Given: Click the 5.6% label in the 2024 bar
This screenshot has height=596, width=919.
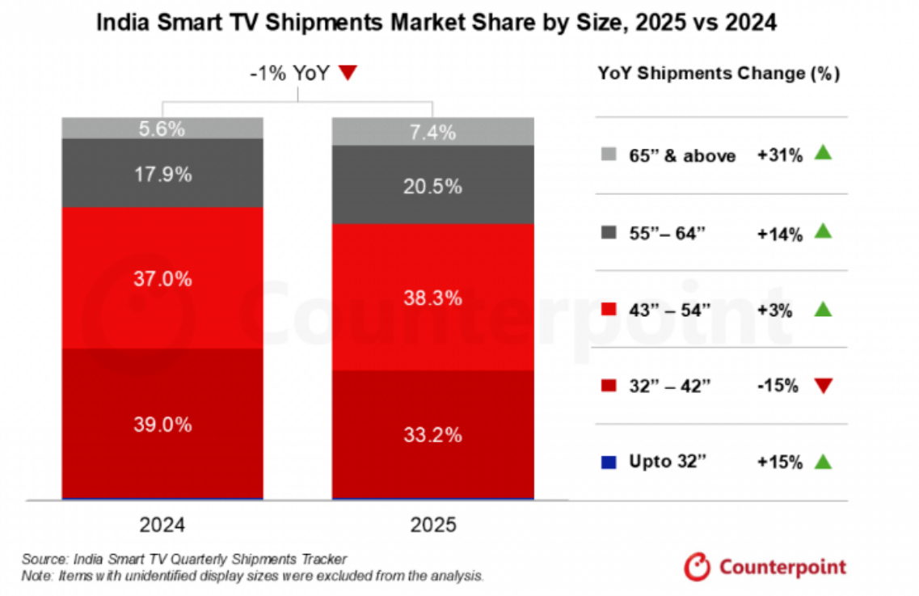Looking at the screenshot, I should point(162,129).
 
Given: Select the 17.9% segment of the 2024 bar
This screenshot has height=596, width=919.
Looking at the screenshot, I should point(162,174).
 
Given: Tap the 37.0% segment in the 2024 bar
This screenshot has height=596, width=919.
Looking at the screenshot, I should point(162,279).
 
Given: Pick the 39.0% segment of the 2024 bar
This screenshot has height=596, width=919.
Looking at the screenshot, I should point(162,424).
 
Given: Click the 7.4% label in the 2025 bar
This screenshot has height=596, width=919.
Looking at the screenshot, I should point(433,132).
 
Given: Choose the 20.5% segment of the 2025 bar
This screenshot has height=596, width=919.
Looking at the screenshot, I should point(433,186).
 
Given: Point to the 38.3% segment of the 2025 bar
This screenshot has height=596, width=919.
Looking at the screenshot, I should point(433,298).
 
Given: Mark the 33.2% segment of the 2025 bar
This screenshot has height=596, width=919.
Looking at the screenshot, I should point(433,435).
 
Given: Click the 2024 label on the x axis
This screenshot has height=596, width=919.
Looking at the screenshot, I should point(162,525).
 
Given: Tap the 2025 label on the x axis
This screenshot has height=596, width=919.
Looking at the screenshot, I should point(433,525).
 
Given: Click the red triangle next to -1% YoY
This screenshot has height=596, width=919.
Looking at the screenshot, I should point(348,74).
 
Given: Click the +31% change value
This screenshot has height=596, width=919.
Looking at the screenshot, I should point(779,155).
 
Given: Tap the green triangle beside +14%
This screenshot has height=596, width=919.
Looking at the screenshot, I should point(823,231).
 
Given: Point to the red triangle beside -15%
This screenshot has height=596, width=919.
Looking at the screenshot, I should point(823,386).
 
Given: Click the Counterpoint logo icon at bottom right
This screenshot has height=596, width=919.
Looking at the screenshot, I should point(696,566).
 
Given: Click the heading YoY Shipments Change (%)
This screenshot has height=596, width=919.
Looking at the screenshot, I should point(719,74).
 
